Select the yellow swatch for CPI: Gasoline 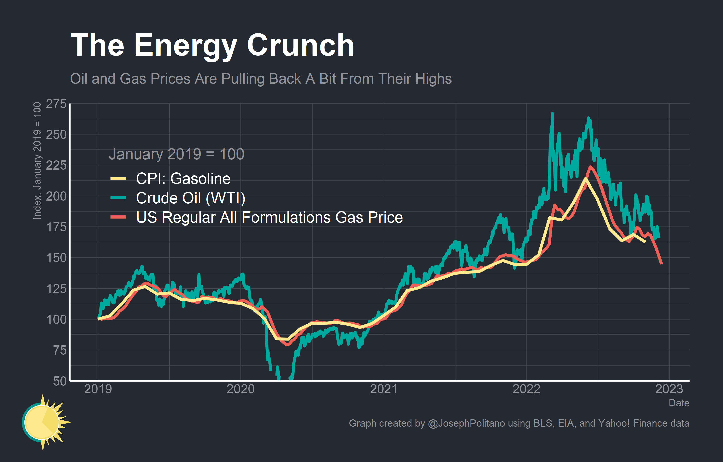[x=118, y=179]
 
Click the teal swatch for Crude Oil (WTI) [x=118, y=198]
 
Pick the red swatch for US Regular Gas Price [x=118, y=217]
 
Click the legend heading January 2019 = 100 [x=176, y=154]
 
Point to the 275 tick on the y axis [x=56, y=104]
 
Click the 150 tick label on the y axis [x=56, y=258]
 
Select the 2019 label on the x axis [x=98, y=389]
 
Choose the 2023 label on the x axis [x=669, y=389]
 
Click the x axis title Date [x=679, y=403]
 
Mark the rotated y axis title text [x=37, y=160]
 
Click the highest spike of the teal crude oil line [x=552, y=114]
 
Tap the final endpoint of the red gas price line [x=661, y=264]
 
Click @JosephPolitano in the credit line [x=466, y=423]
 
